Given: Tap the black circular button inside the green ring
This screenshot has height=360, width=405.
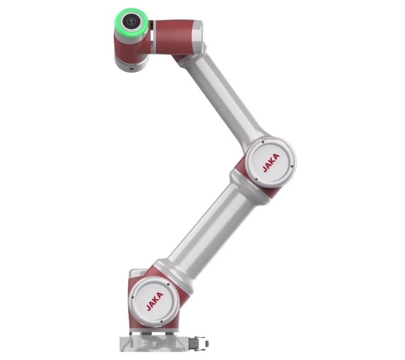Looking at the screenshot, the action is pos(131,21).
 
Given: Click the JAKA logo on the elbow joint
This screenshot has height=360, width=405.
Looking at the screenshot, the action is pos(271,163).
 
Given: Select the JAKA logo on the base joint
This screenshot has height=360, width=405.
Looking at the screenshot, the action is pos(155,301).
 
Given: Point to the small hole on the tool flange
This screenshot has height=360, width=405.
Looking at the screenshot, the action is pos(132,69).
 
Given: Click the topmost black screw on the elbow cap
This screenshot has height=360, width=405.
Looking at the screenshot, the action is pos(263,142).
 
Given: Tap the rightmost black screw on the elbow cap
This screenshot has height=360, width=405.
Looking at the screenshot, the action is pos(292,166).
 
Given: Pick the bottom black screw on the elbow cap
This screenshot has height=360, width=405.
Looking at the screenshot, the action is pos(256,180).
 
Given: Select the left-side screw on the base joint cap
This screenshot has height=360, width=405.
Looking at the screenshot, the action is pos(133,297).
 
